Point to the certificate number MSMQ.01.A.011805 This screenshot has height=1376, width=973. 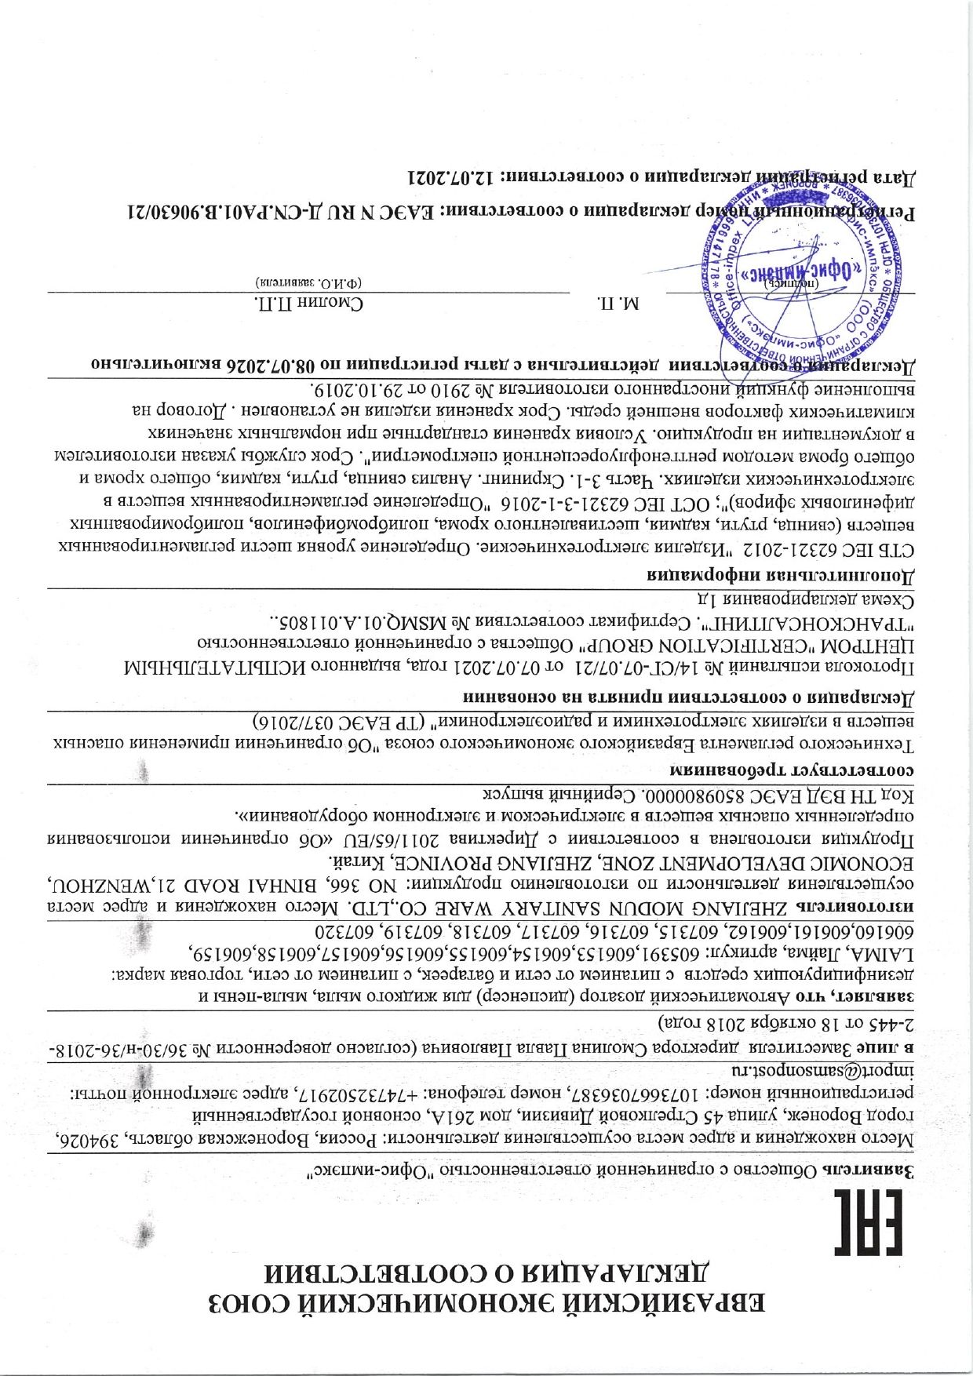[x=369, y=624]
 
